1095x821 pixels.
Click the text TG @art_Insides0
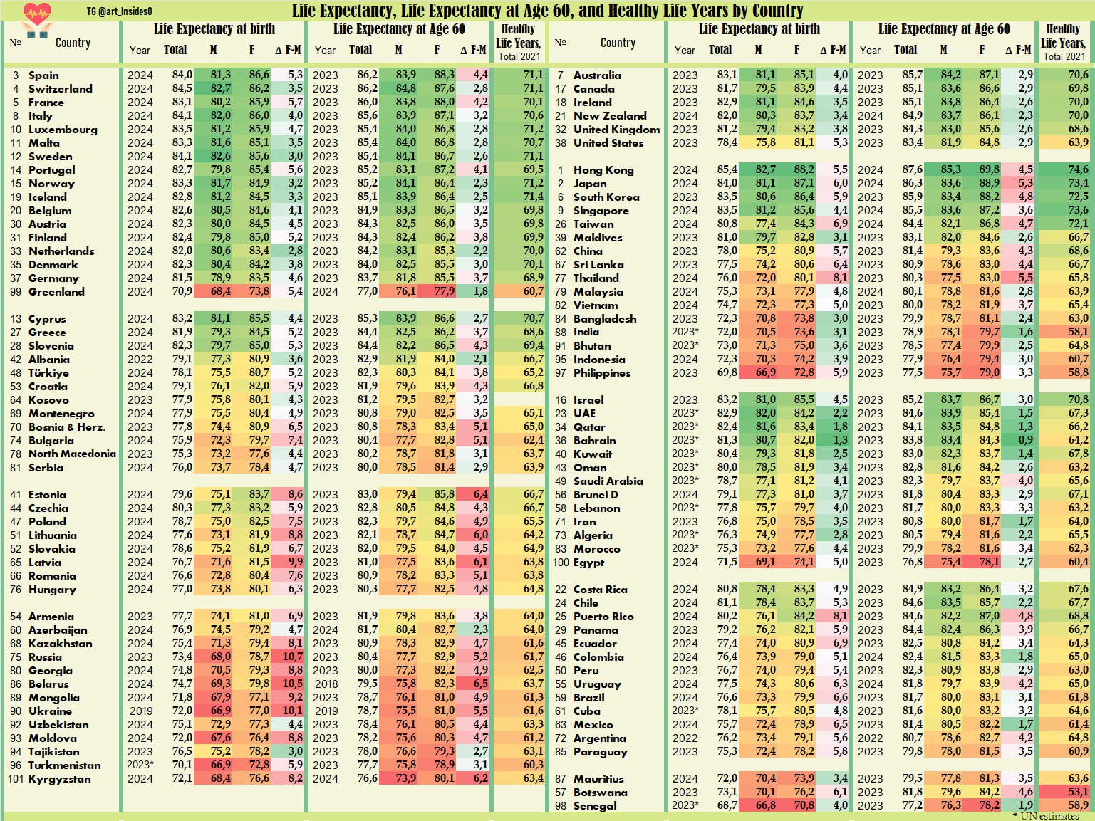[x=119, y=11]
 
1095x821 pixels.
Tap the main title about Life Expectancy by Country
[x=547, y=11]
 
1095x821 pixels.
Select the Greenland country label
[x=56, y=292]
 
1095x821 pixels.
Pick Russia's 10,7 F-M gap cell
[x=292, y=657]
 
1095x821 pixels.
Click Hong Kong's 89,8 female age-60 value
[x=988, y=170]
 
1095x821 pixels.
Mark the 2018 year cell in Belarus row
[x=326, y=684]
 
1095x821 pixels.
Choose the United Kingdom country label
[x=616, y=130]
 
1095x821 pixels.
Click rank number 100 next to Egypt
[x=561, y=563]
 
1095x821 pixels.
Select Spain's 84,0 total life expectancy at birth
[x=182, y=75]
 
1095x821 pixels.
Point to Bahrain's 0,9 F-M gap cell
[x=1025, y=441]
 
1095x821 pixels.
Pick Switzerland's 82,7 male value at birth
[x=220, y=89]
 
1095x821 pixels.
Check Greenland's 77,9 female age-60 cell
[x=444, y=292]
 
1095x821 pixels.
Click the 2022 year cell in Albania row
[x=140, y=360]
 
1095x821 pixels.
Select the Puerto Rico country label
[x=603, y=617]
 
